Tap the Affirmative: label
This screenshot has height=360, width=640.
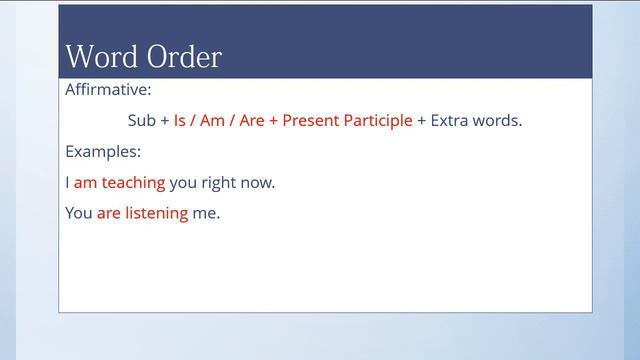[108, 89]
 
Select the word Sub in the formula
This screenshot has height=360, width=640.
[142, 120]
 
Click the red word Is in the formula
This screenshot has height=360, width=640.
[180, 120]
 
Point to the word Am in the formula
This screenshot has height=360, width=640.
[212, 120]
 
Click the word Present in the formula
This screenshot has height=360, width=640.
[311, 120]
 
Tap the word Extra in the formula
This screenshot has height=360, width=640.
[451, 120]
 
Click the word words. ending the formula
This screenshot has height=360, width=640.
[499, 120]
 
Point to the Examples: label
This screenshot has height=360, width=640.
[103, 152]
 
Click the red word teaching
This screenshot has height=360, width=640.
[133, 183]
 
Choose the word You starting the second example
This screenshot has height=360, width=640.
[79, 213]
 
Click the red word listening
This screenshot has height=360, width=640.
[156, 214]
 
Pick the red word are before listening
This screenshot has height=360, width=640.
[108, 213]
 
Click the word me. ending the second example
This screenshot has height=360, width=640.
[206, 213]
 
